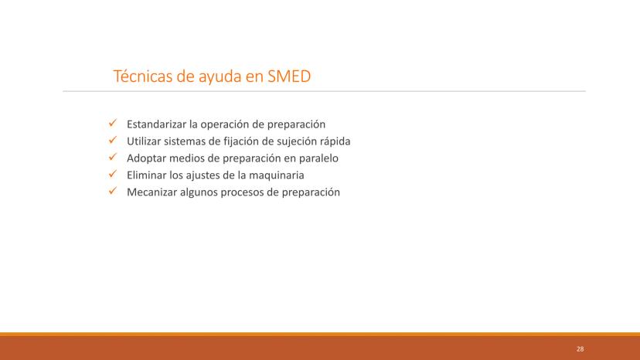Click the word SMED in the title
289,76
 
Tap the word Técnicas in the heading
143,76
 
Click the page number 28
580,349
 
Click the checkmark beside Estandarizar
113,123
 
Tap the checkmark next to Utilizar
113,140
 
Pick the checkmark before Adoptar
113,157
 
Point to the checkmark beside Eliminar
113,174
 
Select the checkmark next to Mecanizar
113,191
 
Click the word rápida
335,141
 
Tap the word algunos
199,192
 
